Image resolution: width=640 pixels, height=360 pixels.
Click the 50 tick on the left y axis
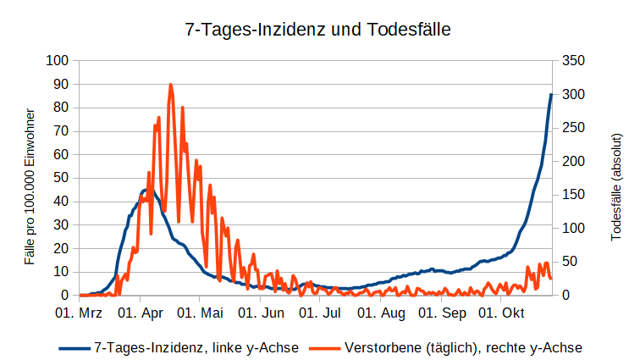pos(61,178)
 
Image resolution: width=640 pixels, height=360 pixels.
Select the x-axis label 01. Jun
pos(260,313)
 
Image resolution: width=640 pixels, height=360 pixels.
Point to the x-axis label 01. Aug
pos(381,313)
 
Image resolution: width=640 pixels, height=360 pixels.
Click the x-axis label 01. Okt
pos(501,313)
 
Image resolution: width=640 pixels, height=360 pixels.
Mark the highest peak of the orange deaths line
pos(171,85)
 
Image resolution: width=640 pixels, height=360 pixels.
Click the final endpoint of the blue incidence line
pos(551,94)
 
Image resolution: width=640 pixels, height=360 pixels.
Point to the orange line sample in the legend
pos(326,347)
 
